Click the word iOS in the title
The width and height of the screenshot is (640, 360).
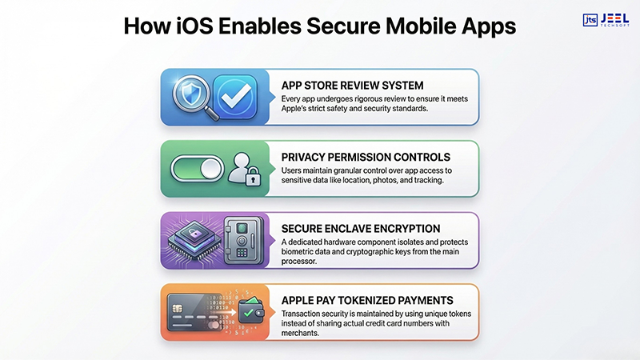click(x=207, y=27)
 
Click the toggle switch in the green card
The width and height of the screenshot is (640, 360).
click(x=197, y=169)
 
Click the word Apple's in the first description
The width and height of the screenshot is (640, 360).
click(x=298, y=108)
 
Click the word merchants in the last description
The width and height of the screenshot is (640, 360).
click(x=303, y=333)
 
